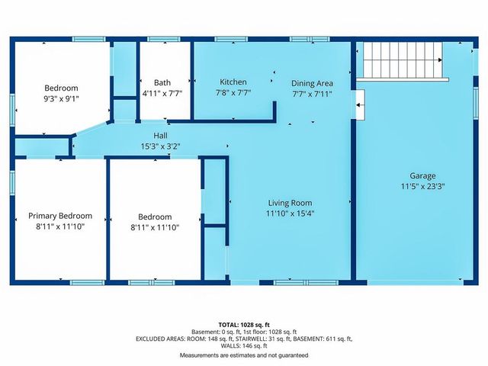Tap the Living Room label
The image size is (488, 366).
(x=290, y=203)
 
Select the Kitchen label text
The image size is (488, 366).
(x=233, y=82)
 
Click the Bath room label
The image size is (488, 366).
(x=162, y=83)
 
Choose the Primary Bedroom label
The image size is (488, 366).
(x=60, y=217)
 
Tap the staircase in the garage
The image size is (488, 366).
(x=402, y=58)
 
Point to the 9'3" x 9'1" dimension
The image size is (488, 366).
(x=60, y=98)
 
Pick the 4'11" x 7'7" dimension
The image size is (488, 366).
(x=162, y=95)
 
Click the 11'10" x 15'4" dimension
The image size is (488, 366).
(x=290, y=214)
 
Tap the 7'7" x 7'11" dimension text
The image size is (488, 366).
(x=312, y=94)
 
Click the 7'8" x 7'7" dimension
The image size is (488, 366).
(x=233, y=94)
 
